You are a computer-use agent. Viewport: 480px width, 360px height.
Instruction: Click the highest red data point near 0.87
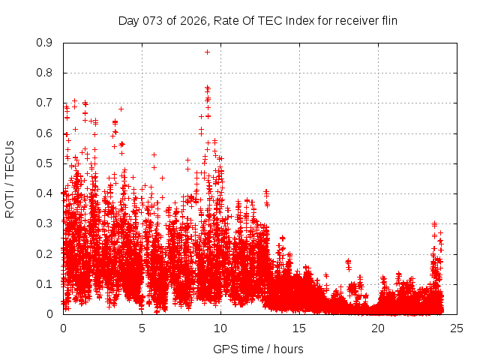[x=207, y=52]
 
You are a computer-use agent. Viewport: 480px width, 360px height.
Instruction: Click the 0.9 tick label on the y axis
[x=46, y=43]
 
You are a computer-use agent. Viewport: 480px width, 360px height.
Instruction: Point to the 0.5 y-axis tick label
[x=46, y=163]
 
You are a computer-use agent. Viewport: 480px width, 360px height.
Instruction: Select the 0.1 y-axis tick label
[x=46, y=284]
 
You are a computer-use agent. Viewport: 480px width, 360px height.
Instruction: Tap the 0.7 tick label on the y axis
[x=46, y=103]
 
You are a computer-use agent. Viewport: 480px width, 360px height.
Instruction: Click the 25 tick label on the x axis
[x=457, y=328]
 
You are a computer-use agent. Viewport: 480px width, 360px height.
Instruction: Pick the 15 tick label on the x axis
[x=299, y=328]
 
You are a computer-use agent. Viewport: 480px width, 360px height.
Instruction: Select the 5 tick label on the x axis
[x=142, y=328]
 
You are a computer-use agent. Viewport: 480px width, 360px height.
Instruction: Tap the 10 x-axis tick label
[x=220, y=328]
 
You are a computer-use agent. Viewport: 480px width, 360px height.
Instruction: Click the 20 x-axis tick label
[x=378, y=328]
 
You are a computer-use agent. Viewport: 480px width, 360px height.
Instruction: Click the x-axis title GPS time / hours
[x=258, y=349]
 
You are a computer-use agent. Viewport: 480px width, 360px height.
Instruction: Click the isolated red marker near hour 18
[x=348, y=262]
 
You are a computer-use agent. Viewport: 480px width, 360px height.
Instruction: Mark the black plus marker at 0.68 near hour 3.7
[x=121, y=109]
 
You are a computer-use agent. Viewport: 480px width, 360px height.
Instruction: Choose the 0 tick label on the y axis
[x=52, y=314]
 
